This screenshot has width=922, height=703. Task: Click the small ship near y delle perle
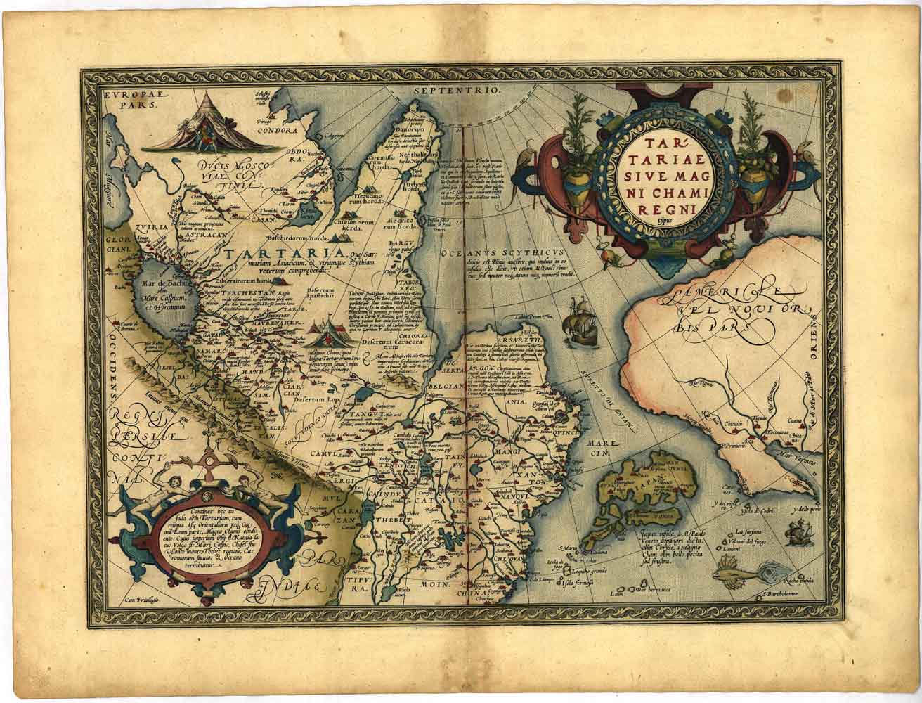(797, 534)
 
